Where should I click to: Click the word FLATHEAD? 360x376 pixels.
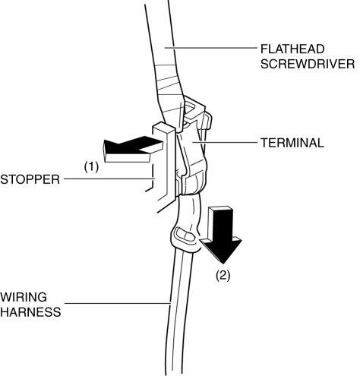tap(292, 49)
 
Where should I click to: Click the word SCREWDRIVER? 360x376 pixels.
tap(308, 64)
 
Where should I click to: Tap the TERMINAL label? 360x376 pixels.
tap(292, 143)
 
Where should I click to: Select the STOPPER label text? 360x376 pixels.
tap(30, 179)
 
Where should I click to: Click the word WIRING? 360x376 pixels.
tap(24, 297)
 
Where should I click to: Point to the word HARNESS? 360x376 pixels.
tap(30, 312)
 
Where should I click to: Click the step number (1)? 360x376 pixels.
tap(91, 167)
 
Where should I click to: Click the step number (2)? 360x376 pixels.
tap(223, 275)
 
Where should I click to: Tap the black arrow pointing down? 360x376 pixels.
tap(221, 234)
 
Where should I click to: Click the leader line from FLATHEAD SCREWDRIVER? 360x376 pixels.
tap(210, 47)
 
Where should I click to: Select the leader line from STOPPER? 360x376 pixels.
tap(109, 179)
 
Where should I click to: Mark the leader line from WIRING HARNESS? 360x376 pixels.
tap(118, 303)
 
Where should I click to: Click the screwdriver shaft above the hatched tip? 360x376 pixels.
tap(160, 33)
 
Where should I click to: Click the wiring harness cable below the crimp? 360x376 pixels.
tap(178, 311)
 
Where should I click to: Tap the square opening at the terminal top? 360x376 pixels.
tap(191, 108)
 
